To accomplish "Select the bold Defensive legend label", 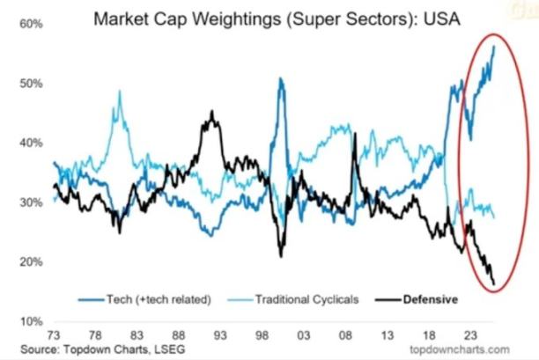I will pos(430,299).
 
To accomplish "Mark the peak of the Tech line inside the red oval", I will pos(494,46).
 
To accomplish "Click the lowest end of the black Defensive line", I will pos(494,283).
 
